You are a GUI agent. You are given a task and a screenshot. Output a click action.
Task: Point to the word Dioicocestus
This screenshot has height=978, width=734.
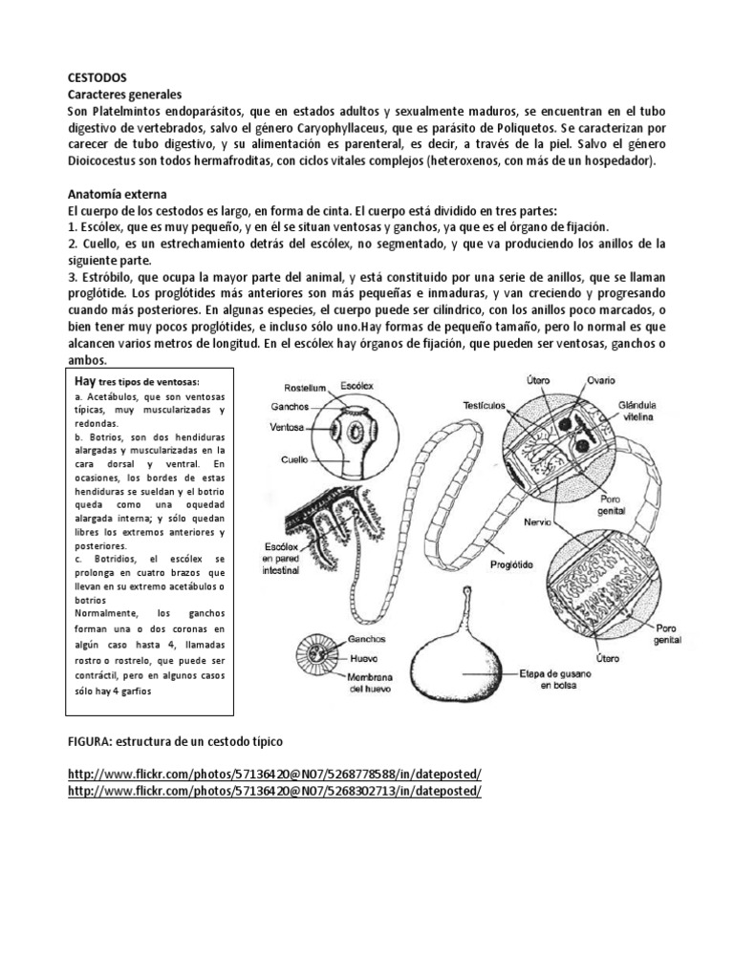coord(106,161)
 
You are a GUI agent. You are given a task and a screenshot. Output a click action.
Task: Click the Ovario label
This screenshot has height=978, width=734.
coord(601,380)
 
